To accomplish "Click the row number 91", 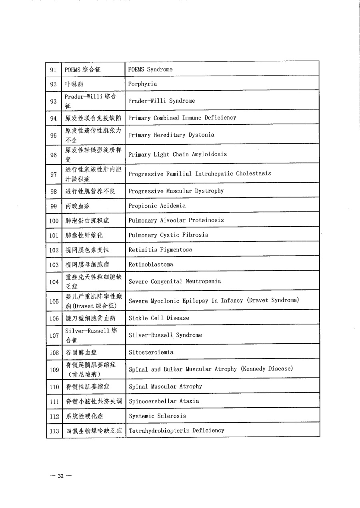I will tap(54, 70).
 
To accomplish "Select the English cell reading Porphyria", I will tap(142, 84).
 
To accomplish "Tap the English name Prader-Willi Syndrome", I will tap(162, 101).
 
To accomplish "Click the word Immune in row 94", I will tap(192, 118).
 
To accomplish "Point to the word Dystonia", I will tap(201, 135).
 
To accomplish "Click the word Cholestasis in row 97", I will tap(253, 173).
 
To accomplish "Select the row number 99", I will tap(54, 206).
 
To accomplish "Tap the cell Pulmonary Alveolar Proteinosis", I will tap(176, 220).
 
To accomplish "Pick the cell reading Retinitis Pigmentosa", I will tap(160, 250).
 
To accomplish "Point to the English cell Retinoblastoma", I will tap(151, 265).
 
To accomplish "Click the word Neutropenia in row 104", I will tap(203, 281).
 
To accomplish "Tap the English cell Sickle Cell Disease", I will tap(159, 318).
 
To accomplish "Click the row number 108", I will tap(54, 353).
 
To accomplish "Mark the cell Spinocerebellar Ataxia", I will tap(164, 401).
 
